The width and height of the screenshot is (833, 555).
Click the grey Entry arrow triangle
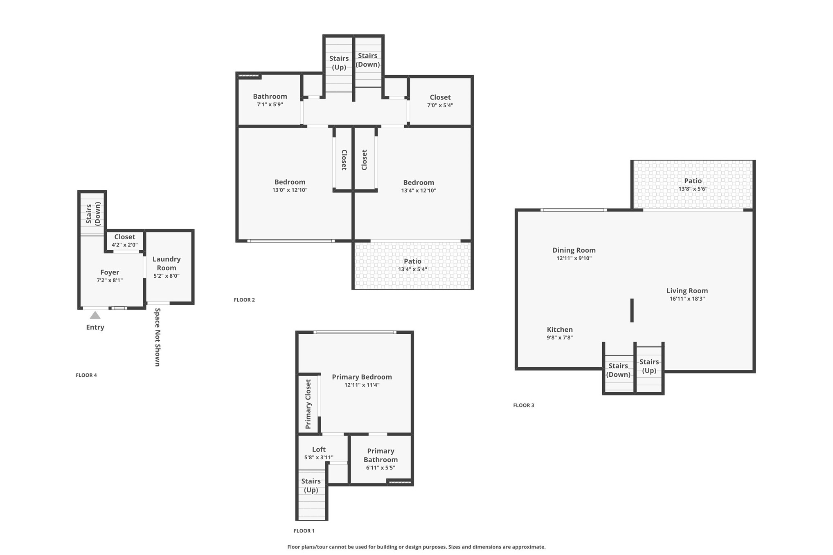point(95,315)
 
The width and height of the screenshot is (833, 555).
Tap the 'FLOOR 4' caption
point(86,375)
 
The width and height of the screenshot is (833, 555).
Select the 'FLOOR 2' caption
point(244,300)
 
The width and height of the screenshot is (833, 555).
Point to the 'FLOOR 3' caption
point(524,405)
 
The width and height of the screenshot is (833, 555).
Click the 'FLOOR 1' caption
point(304,531)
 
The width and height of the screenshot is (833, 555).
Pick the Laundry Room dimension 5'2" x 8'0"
point(167,276)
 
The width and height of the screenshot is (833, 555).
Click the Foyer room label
point(110,272)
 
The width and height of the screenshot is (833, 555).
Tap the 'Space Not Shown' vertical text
point(158,337)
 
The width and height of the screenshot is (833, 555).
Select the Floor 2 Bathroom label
point(270,96)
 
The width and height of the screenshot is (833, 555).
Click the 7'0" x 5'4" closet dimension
point(440,105)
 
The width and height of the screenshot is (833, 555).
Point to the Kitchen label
point(560,329)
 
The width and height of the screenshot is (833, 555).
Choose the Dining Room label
point(574,250)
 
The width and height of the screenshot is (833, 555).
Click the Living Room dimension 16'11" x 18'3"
point(687,299)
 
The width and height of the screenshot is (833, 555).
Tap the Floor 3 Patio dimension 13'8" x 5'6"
point(693,189)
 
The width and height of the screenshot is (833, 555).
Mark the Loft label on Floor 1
point(319,449)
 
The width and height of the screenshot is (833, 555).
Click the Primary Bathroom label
point(380,455)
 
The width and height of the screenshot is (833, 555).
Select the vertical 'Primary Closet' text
point(308,404)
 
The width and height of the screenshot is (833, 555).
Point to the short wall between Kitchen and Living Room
point(632,310)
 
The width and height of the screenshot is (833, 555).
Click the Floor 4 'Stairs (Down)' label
point(93,213)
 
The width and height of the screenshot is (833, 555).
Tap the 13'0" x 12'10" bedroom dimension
point(290,190)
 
